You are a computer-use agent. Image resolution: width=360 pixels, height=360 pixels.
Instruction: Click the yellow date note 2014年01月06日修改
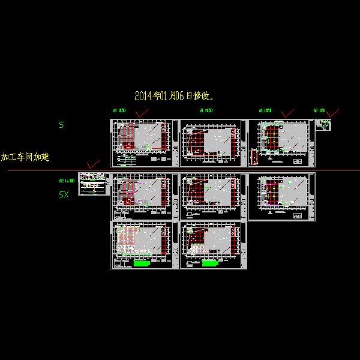pyautogui.click(x=175, y=95)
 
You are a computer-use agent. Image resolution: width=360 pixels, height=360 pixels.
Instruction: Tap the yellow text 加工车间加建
pyautogui.click(x=25, y=157)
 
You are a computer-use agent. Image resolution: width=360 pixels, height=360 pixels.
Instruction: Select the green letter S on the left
pyautogui.click(x=61, y=125)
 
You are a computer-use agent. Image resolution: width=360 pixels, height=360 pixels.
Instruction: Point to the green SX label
pyautogui.click(x=64, y=194)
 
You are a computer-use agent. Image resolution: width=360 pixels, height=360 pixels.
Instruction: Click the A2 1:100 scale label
pyautogui.click(x=67, y=180)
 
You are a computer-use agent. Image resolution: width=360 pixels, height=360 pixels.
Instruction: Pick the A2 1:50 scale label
pyautogui.click(x=319, y=110)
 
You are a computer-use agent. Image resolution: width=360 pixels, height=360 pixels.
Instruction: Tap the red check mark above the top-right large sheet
pyautogui.click(x=287, y=113)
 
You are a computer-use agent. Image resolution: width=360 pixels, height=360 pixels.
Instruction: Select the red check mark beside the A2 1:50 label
pyautogui.click(x=334, y=112)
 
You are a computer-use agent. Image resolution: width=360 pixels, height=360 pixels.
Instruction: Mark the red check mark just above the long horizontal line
pyautogui.click(x=92, y=164)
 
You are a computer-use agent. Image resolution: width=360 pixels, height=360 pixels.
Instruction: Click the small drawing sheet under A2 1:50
pyautogui.click(x=323, y=125)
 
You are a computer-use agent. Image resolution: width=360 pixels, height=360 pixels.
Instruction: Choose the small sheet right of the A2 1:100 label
pyautogui.click(x=93, y=184)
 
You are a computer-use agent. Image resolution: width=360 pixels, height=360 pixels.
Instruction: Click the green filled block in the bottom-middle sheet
pyautogui.click(x=209, y=263)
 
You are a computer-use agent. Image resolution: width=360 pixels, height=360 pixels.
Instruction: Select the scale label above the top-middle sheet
pyautogui.click(x=206, y=110)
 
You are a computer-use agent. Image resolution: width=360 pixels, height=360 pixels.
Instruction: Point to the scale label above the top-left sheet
pyautogui.click(x=119, y=110)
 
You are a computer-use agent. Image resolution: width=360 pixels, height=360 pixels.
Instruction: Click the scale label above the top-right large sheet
pyautogui.click(x=265, y=110)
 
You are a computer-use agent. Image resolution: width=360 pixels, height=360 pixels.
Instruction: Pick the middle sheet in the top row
pyautogui.click(x=213, y=143)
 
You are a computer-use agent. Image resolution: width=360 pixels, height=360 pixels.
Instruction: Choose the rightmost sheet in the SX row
pyautogui.click(x=281, y=196)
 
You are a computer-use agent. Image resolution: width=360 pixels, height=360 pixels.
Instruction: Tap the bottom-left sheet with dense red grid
pyautogui.click(x=144, y=245)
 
